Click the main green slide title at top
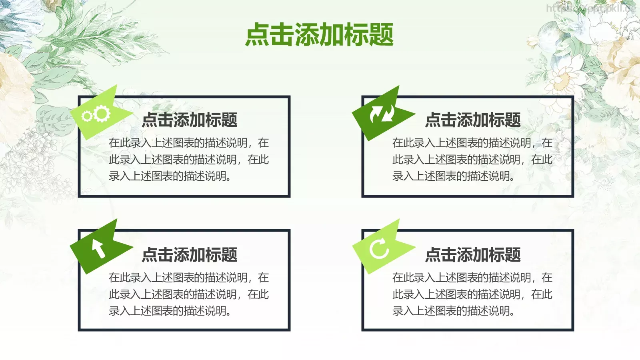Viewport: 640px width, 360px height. pyautogui.click(x=319, y=35)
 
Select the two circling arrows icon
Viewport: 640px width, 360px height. pyautogui.click(x=382, y=114)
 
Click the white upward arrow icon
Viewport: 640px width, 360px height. pyautogui.click(x=99, y=248)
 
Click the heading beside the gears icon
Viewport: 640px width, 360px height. pyautogui.click(x=190, y=120)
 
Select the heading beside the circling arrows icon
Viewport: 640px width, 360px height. pyautogui.click(x=473, y=120)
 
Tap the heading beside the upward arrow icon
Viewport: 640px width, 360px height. pyautogui.click(x=190, y=255)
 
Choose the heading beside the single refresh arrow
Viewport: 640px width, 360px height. pyautogui.click(x=473, y=255)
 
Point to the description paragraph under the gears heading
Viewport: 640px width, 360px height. pyautogui.click(x=189, y=160)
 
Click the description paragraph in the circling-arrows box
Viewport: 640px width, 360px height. pyautogui.click(x=472, y=160)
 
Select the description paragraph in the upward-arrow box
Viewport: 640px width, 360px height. pyautogui.click(x=189, y=294)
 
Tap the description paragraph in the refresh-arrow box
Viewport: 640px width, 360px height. pyautogui.click(x=472, y=294)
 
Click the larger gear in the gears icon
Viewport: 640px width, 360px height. pyautogui.click(x=102, y=114)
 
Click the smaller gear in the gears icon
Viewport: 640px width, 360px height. pyautogui.click(x=86, y=117)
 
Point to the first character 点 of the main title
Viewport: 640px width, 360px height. pyautogui.click(x=257, y=35)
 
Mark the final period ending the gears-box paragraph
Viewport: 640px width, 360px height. pyautogui.click(x=229, y=179)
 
